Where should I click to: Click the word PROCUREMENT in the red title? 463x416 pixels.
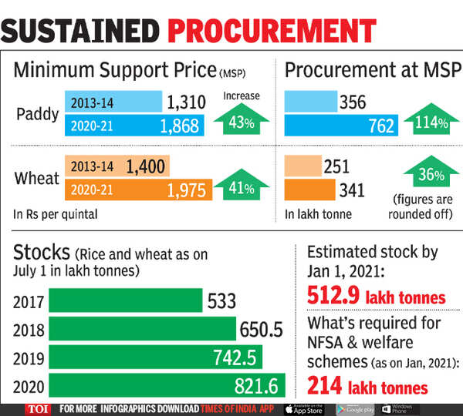(x=272, y=30)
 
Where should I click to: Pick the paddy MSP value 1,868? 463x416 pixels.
(x=178, y=126)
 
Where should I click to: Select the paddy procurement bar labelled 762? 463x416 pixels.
(x=341, y=126)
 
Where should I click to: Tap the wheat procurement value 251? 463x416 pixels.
(x=336, y=166)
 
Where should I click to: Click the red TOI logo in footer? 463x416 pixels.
(x=37, y=408)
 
